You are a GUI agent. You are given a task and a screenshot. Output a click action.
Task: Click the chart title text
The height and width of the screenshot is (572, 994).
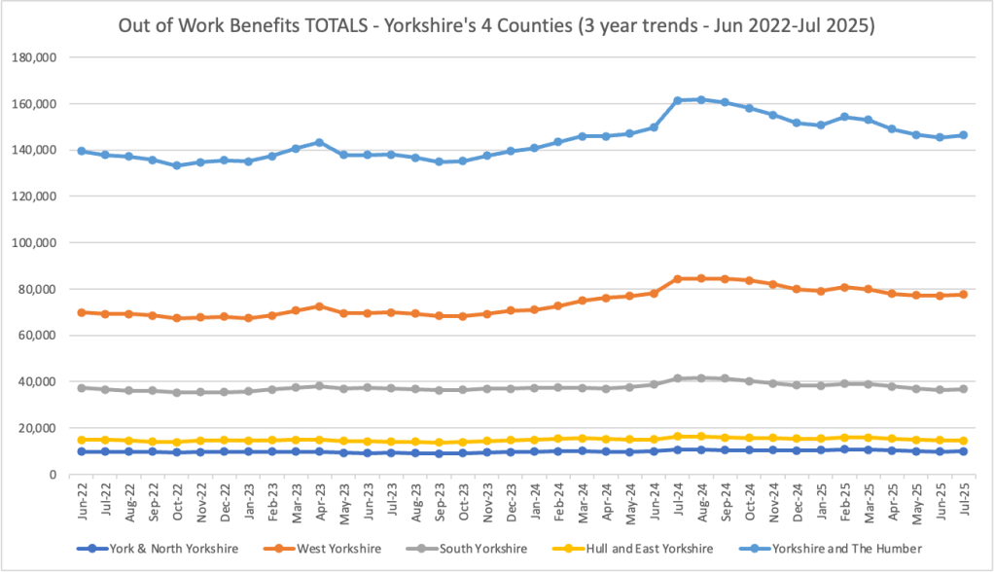[x=496, y=26]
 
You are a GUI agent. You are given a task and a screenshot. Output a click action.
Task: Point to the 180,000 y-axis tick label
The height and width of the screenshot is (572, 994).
[x=35, y=57]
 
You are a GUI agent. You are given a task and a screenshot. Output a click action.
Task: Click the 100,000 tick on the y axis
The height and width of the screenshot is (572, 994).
[x=35, y=242]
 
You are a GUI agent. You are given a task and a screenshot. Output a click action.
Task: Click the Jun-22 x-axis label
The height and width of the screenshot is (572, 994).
[x=83, y=499]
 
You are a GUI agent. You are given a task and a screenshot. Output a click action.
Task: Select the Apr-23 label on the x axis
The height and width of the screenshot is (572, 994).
[x=319, y=499]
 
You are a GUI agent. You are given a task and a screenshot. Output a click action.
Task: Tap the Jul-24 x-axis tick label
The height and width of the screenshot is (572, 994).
[x=676, y=499]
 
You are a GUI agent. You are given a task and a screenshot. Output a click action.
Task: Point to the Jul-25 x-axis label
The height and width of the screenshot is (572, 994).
[x=962, y=499]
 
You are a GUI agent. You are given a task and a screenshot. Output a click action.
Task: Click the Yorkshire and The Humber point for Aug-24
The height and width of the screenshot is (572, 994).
[x=700, y=99]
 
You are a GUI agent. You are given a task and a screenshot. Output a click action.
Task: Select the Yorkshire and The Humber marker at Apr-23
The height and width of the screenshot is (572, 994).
[x=319, y=142]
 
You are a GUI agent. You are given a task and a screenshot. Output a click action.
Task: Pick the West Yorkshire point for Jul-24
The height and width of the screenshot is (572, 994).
[x=676, y=278]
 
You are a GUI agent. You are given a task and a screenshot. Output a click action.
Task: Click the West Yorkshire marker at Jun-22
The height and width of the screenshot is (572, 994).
[x=82, y=312]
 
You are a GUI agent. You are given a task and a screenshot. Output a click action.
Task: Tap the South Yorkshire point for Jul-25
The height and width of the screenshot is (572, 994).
[x=962, y=389]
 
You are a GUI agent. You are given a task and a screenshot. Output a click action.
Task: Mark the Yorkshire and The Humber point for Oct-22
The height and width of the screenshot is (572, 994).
[x=176, y=165]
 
